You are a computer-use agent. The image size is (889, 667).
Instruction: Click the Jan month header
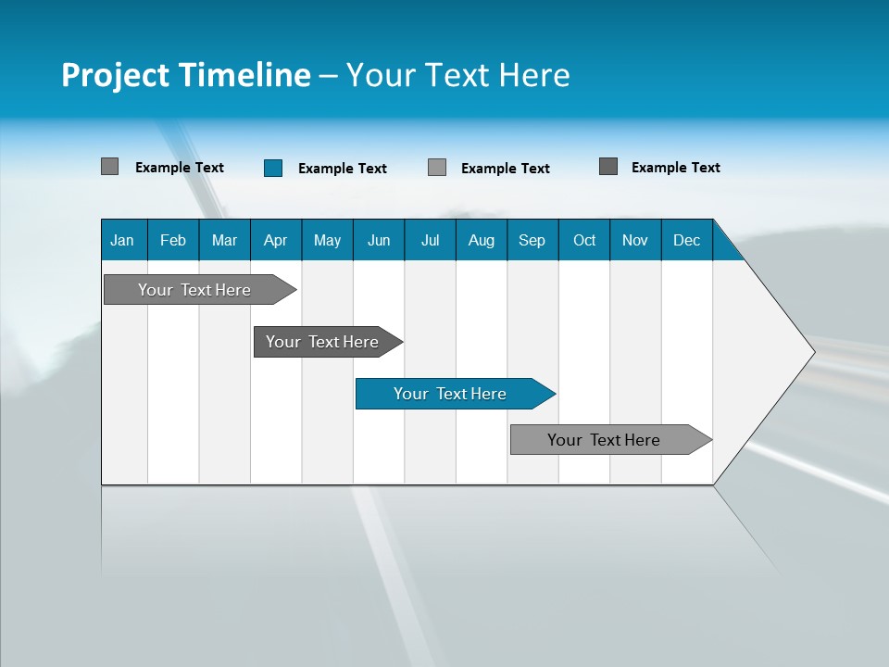click(122, 240)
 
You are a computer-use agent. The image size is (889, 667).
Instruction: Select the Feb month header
click(173, 240)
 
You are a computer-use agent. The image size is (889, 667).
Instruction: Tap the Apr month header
click(275, 240)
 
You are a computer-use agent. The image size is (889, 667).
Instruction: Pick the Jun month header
click(379, 240)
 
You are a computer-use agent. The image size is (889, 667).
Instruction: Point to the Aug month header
click(481, 240)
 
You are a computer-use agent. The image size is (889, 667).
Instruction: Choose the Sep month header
click(532, 240)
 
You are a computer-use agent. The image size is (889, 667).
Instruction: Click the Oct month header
click(584, 240)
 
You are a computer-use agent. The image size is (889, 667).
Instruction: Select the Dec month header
click(686, 240)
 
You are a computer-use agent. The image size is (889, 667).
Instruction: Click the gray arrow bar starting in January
click(194, 290)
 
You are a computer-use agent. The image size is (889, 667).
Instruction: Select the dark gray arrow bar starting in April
click(322, 342)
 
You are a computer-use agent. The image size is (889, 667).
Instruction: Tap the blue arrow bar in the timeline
click(450, 394)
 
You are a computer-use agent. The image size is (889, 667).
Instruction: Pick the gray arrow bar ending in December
click(604, 440)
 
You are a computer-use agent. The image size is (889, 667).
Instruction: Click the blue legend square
click(273, 168)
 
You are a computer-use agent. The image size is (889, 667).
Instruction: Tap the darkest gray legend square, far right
click(608, 167)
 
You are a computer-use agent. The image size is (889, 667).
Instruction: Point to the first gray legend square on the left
click(110, 167)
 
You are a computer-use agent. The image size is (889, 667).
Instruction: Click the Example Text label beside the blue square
click(343, 169)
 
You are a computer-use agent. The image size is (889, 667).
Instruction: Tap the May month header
click(327, 240)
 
